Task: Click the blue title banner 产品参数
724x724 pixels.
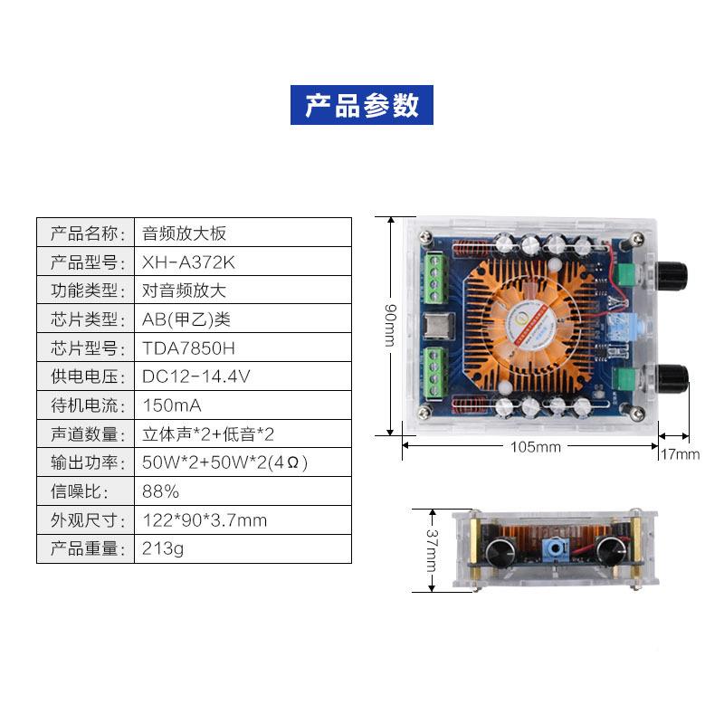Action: pos(361,105)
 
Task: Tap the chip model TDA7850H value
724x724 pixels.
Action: pos(188,348)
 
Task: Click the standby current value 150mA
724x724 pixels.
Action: pos(172,405)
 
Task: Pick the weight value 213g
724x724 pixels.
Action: pos(163,549)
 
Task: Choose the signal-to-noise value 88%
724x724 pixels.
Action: pos(160,491)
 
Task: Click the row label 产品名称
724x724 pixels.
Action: pos(84,233)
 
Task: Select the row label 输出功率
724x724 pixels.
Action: pos(84,462)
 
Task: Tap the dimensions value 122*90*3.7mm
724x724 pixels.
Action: pos(205,520)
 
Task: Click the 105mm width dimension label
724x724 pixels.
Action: pos(536,447)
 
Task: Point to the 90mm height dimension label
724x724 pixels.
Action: pos(391,325)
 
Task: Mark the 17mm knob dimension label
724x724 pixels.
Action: pos(681,454)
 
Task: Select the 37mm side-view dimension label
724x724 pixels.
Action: pos(432,550)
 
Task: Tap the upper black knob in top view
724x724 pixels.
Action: pos(672,276)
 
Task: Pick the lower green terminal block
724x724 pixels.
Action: pos(435,373)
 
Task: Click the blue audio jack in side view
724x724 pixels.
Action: pos(554,549)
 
